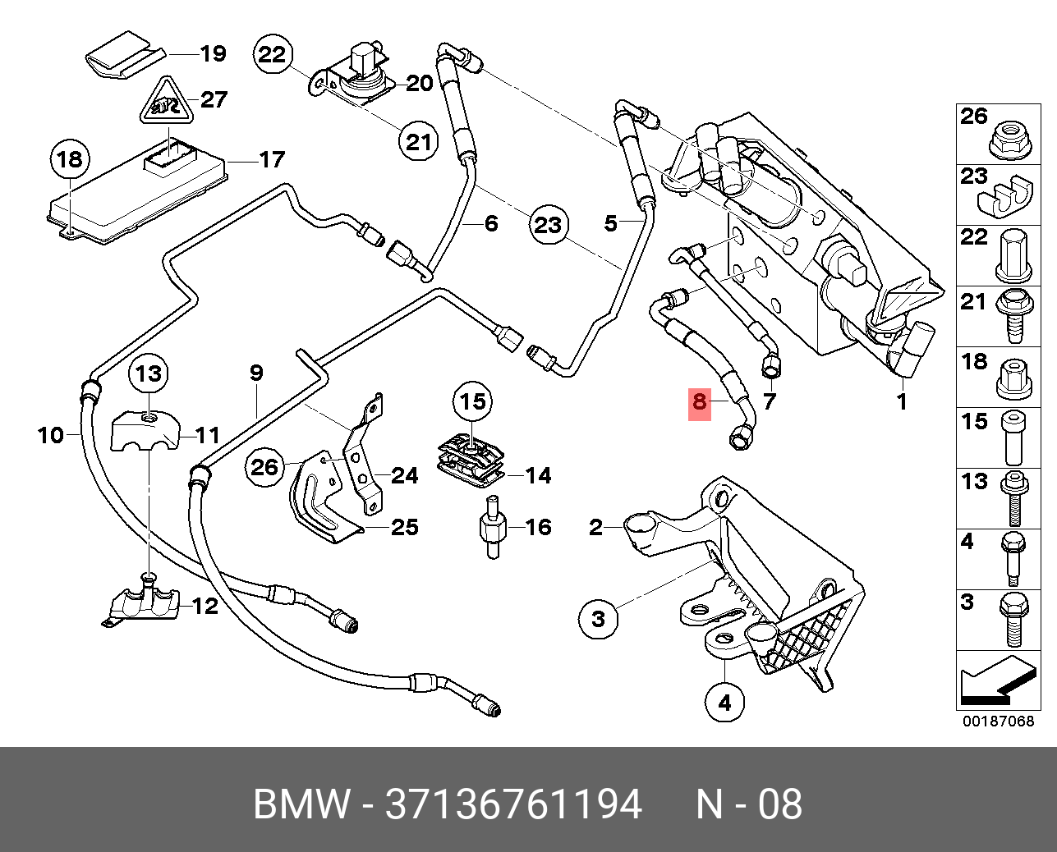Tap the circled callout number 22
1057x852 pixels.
point(273,54)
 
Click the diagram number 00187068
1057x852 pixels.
point(998,721)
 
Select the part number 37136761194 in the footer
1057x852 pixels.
point(514,804)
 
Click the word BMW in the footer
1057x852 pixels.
point(302,804)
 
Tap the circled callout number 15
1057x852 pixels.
point(473,401)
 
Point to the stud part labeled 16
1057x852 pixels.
point(493,528)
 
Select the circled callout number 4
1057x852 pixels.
point(724,703)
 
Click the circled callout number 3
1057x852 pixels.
point(598,619)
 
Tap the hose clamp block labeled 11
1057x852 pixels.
point(145,431)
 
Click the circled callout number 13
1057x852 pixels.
point(149,374)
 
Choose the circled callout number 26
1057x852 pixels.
point(265,467)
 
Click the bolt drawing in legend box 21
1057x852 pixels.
point(1012,317)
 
